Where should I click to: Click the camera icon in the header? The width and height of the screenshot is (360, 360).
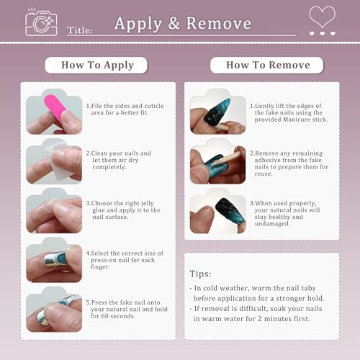coord(41,23)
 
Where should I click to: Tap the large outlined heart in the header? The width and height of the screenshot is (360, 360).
coord(322,17)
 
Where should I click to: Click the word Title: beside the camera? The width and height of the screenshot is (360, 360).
coord(79,30)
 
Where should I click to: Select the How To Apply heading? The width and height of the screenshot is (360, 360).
coord(97,66)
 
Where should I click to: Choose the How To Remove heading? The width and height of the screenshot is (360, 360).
coord(268,65)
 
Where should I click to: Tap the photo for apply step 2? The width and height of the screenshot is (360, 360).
coord(54,161)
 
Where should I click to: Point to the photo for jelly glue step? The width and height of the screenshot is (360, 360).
coord(54,210)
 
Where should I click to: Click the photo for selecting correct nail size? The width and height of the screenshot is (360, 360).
coord(54,260)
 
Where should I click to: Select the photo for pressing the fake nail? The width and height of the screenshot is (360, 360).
coord(54,310)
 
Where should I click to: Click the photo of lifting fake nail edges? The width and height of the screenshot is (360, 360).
coord(218,112)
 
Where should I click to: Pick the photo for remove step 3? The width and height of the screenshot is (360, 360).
coord(218,210)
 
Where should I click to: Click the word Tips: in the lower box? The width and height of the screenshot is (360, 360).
coord(200,274)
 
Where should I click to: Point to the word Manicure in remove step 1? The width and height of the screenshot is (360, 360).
coord(297,120)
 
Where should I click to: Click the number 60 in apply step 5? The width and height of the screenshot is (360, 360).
coord(105,316)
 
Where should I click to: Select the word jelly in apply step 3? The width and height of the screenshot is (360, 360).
coord(148,204)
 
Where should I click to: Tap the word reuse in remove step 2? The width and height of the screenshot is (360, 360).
coord(264,174)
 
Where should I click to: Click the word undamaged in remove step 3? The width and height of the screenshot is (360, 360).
coord(272,224)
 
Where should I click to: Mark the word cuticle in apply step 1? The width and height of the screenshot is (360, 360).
coord(154,106)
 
